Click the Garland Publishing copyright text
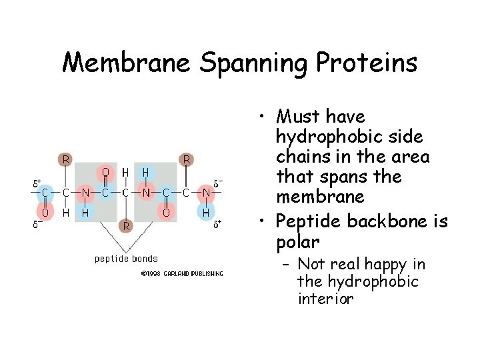(x=182, y=273)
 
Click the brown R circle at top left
(x=65, y=159)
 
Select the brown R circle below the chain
(x=125, y=226)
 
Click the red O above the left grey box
(x=105, y=173)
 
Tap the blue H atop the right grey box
(x=145, y=173)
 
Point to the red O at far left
(x=45, y=213)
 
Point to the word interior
(x=325, y=299)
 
